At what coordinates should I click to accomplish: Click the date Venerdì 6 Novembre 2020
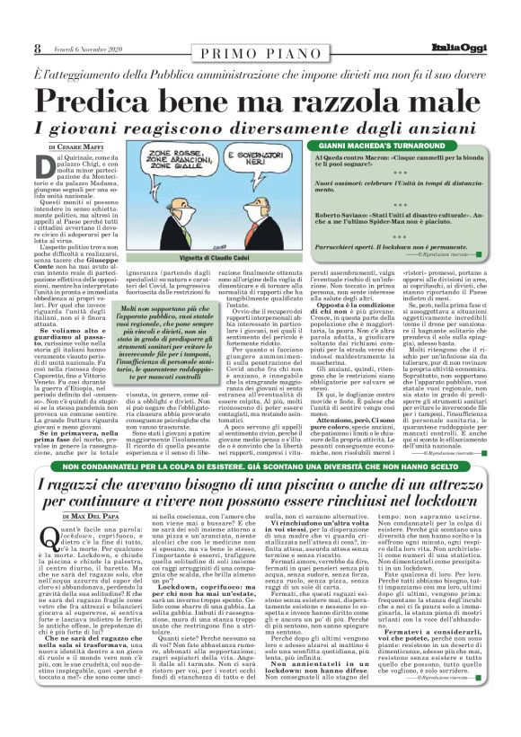pyautogui.click(x=87, y=49)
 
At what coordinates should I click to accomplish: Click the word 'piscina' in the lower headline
pyautogui.click(x=269, y=485)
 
